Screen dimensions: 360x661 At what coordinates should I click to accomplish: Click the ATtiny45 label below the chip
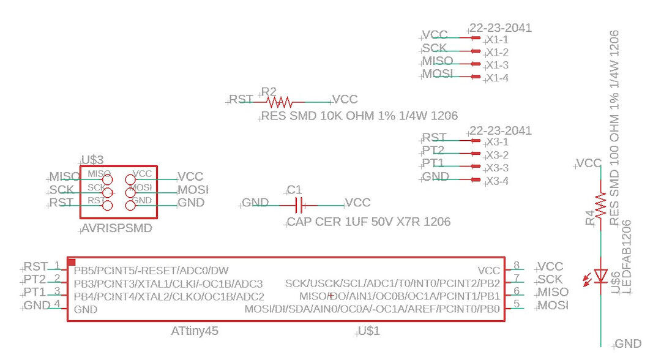195,331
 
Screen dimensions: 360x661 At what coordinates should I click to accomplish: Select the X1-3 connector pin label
497,65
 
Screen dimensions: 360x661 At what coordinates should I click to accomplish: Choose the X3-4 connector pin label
497,181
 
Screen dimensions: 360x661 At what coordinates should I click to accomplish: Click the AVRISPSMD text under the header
117,228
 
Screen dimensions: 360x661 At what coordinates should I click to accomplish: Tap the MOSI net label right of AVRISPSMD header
193,189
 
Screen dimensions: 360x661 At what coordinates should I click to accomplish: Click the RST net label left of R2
241,99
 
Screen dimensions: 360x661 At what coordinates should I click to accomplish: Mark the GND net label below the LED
627,344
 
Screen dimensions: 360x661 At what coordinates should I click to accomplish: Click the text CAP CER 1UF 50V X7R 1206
368,222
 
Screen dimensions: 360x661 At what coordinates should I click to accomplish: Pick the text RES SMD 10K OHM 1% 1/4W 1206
360,116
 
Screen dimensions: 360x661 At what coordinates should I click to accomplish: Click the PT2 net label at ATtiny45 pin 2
35,279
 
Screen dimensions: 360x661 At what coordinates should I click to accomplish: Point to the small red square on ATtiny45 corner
71,261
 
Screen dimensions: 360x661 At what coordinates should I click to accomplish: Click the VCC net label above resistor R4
589,163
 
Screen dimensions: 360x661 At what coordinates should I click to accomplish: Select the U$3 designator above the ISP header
92,160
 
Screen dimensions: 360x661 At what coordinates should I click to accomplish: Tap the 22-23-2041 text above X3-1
500,130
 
